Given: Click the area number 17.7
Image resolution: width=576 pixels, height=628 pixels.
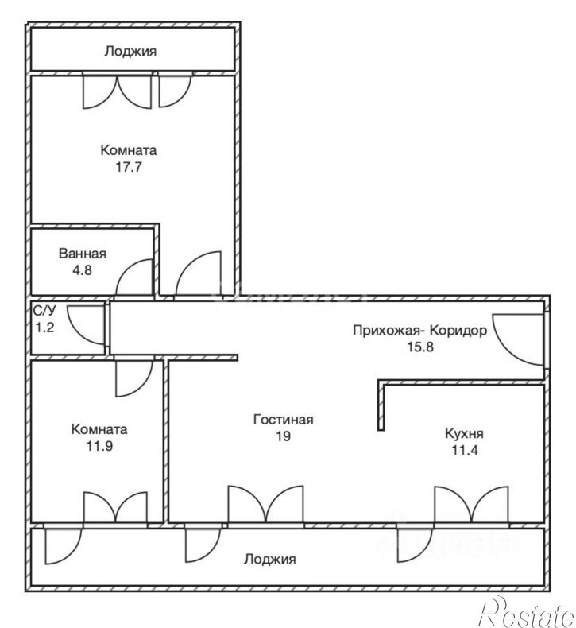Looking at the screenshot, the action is pos(129,167).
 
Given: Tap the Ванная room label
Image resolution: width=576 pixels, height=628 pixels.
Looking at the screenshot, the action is pos(83,254).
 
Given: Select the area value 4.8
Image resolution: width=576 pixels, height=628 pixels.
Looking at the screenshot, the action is pos(82,270).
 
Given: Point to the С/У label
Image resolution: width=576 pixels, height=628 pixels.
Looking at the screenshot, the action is pos(44,311).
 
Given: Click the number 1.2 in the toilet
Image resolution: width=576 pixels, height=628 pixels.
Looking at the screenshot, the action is pos(44,328).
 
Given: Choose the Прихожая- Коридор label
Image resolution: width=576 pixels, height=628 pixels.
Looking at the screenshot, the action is pos(420,331).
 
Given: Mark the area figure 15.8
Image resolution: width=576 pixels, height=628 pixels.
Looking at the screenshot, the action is pos(420,347).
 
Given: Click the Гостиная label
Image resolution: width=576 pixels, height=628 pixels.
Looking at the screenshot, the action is pos(284,420).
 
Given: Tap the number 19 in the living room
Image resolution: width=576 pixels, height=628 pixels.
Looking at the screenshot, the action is pos(284,436).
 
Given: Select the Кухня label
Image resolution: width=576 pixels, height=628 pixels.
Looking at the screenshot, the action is pos(464,433).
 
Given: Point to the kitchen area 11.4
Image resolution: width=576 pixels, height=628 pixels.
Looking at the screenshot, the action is pos(465,450).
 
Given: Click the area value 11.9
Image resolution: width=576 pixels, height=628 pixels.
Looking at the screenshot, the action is pos(99,446).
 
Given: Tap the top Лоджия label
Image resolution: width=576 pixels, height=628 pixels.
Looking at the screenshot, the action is pos(130,51).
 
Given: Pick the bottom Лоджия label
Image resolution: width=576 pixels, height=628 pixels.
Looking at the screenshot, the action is pos(270,559).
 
